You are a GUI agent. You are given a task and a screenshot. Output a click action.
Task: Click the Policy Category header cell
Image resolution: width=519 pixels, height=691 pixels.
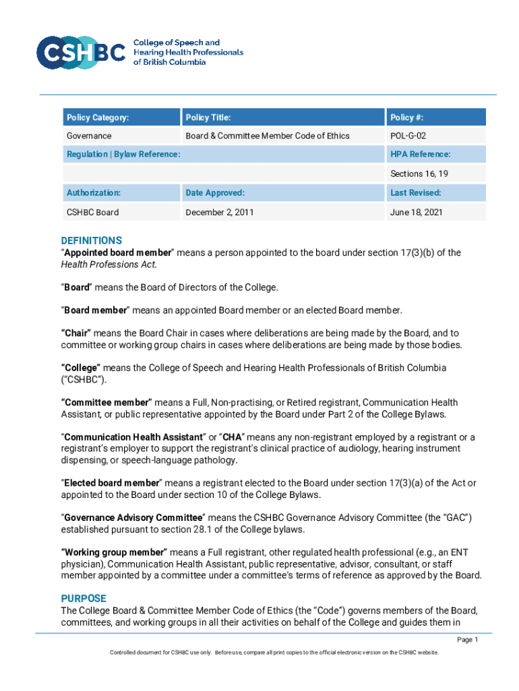[97, 117]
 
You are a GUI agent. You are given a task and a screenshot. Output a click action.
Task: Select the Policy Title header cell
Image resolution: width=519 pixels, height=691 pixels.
[208, 117]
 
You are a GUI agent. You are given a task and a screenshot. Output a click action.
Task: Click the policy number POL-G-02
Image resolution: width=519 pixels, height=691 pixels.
[408, 136]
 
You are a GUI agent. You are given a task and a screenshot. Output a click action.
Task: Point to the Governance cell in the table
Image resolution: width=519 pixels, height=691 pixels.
[89, 136]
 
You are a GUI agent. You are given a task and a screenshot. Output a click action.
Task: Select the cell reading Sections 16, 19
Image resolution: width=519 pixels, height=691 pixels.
[419, 173]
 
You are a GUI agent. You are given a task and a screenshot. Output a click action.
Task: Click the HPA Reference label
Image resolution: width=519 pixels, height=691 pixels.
[421, 155]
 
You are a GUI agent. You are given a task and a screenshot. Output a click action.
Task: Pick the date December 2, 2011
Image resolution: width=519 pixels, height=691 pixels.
[220, 212]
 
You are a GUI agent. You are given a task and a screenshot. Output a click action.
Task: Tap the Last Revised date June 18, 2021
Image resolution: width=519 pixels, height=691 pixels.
[415, 212]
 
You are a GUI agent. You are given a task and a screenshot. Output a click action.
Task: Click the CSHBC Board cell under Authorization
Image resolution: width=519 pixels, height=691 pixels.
[92, 212]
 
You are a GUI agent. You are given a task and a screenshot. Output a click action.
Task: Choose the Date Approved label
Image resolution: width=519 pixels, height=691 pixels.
[215, 192]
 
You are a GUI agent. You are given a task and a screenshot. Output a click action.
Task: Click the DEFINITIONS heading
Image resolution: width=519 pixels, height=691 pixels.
[92, 240]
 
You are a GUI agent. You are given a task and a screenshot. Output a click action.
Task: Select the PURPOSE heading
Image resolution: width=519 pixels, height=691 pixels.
[84, 598]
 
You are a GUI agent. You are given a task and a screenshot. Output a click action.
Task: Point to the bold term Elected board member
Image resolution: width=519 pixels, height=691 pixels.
[112, 482]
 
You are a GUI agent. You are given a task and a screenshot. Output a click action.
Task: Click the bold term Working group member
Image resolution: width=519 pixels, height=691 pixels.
[115, 552]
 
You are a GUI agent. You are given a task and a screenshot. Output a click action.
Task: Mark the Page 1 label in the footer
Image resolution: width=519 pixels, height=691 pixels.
[467, 640]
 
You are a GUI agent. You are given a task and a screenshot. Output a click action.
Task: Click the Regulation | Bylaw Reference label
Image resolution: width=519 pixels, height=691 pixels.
[123, 155]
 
